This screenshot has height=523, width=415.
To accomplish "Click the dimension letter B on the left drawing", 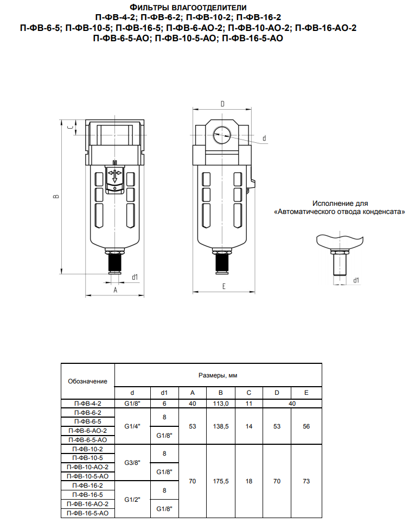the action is [x=56, y=197].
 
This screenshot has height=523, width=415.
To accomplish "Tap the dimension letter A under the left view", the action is [x=115, y=290].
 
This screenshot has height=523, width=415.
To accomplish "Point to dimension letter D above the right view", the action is [x=222, y=104].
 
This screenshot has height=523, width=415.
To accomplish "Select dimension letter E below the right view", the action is [x=224, y=286].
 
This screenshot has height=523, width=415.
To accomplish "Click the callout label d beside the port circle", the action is [x=264, y=138].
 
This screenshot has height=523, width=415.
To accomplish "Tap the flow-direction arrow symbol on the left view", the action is [x=115, y=175].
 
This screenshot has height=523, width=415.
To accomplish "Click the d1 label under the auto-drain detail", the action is [x=356, y=280].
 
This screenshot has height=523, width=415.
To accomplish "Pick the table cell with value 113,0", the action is [x=221, y=404].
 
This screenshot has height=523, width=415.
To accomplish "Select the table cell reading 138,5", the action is [x=221, y=426].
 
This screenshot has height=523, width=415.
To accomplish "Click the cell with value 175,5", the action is [x=221, y=481].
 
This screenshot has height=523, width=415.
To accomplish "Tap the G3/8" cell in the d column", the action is [x=132, y=463].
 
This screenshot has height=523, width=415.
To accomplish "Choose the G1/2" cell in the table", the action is [x=132, y=500].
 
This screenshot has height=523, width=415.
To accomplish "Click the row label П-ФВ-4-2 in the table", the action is [x=87, y=404].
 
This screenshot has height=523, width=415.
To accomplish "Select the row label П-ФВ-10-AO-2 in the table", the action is [x=87, y=467].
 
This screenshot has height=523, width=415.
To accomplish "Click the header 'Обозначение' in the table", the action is [x=87, y=381].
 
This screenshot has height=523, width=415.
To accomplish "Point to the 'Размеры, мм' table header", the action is [x=218, y=375].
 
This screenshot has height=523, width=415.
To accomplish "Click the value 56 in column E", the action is [x=307, y=426].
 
